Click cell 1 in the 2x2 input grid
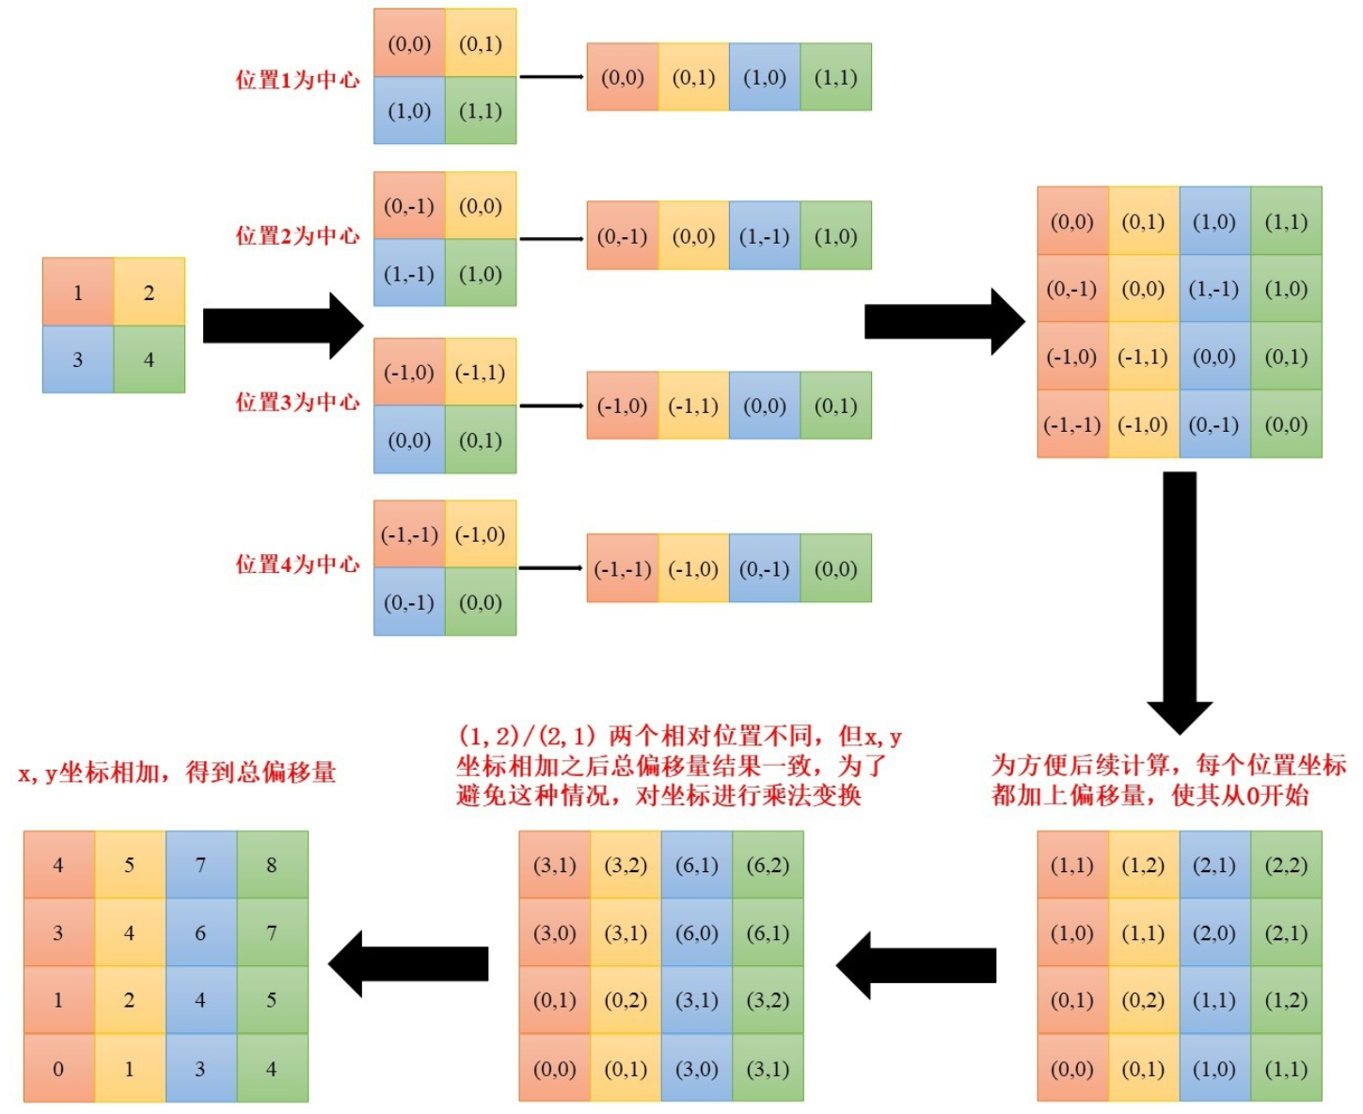tap(78, 293)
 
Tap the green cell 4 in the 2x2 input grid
tap(149, 359)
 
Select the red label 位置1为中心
tap(297, 80)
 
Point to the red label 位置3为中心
tap(297, 403)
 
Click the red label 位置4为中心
tap(297, 565)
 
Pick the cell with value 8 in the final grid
tap(272, 865)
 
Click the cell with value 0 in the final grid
tap(58, 1069)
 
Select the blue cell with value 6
tap(200, 933)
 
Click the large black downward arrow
tap(1180, 602)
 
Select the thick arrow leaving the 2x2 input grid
tap(282, 326)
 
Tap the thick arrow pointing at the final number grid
tap(409, 963)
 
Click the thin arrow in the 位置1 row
tap(551, 77)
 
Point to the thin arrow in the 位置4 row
tap(551, 568)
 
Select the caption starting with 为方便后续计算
tap(1168, 780)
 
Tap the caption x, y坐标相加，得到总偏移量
tap(178, 773)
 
